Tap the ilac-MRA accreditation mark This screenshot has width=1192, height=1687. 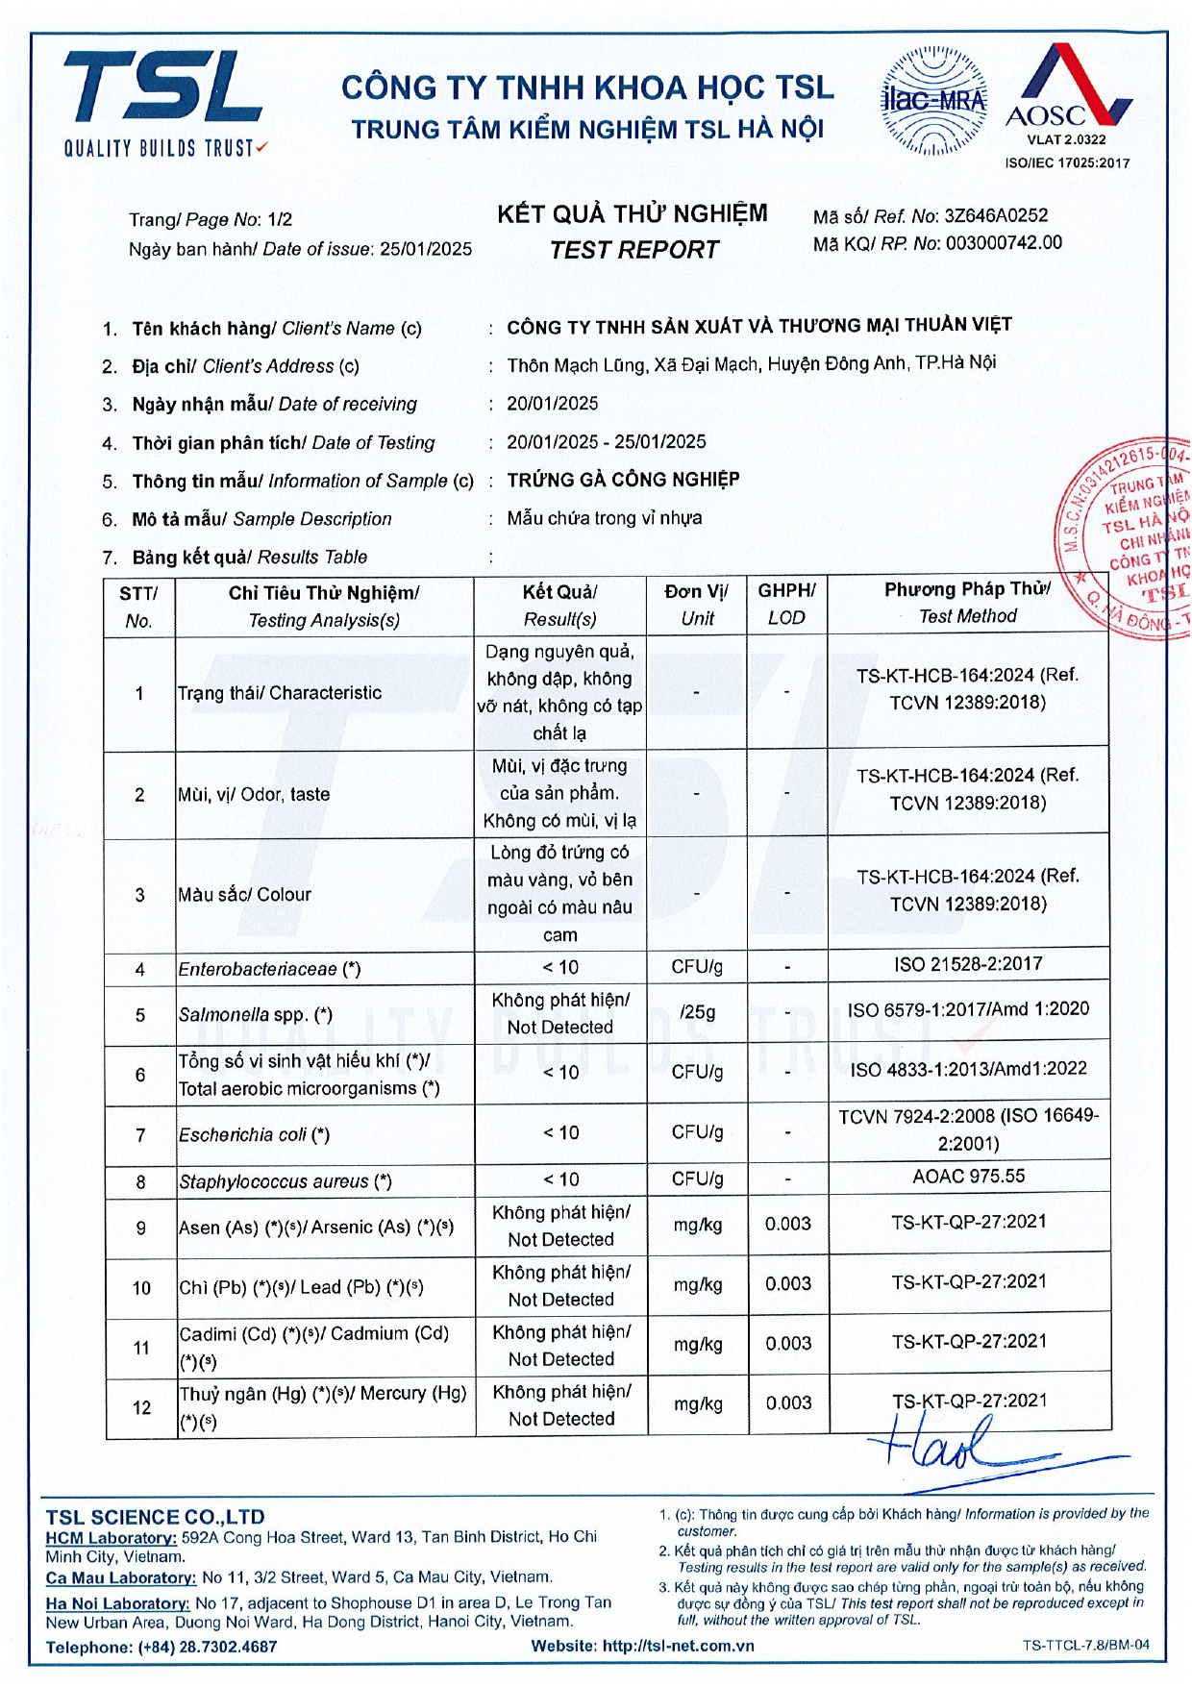pos(933,101)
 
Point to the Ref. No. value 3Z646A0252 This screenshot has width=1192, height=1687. pos(996,215)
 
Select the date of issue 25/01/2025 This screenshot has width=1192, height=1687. pos(426,249)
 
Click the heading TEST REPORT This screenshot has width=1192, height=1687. pos(633,250)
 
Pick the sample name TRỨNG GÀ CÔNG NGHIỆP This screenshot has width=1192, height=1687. pos(623,479)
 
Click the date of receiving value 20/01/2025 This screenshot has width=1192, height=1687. pos(553,403)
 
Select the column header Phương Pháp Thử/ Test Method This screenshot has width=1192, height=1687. pos(967,603)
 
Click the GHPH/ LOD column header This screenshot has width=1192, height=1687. pos(786,604)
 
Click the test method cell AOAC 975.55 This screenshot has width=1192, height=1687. pos(968,1176)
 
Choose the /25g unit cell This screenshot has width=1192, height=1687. pos(697,1012)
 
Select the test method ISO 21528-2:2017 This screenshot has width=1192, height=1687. pos(968,964)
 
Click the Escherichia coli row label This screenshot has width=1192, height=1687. pos(254,1134)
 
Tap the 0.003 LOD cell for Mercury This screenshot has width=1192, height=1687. pos(788,1403)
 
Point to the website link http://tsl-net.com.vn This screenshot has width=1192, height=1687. pos(678,1646)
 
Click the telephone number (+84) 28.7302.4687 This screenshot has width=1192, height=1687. pos(208,1647)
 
